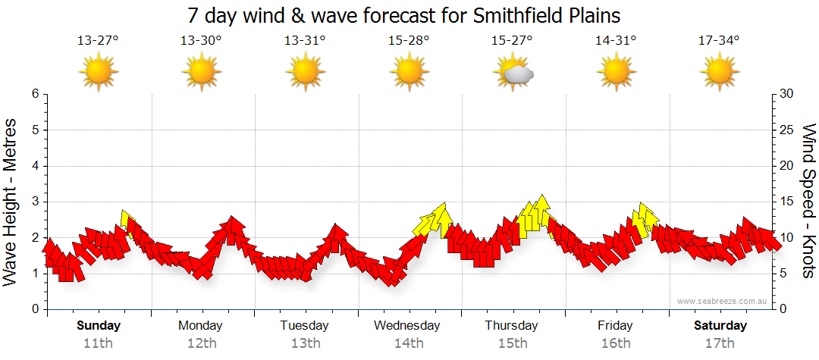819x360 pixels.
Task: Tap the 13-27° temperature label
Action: (x=99, y=41)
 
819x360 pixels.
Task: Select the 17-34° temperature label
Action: (x=719, y=41)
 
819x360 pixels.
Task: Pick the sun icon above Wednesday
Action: (x=409, y=74)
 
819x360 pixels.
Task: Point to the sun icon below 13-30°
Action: (x=202, y=74)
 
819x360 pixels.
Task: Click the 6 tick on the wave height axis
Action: (x=35, y=94)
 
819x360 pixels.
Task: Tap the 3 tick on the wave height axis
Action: (x=35, y=202)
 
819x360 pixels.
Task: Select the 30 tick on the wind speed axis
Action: (x=788, y=94)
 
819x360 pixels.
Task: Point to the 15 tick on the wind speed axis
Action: (x=788, y=202)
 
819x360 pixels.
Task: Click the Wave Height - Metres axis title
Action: (x=11, y=202)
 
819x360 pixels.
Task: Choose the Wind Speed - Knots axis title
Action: (x=808, y=202)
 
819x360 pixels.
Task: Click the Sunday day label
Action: (x=99, y=326)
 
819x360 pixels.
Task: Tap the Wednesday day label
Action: (x=407, y=326)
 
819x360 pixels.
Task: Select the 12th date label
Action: (x=201, y=343)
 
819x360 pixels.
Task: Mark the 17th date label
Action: (x=720, y=343)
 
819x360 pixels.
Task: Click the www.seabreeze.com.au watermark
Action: (x=723, y=301)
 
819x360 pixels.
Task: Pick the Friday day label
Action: (x=615, y=326)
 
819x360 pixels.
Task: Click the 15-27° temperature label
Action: (x=512, y=41)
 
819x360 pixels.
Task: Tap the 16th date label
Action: (x=616, y=343)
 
